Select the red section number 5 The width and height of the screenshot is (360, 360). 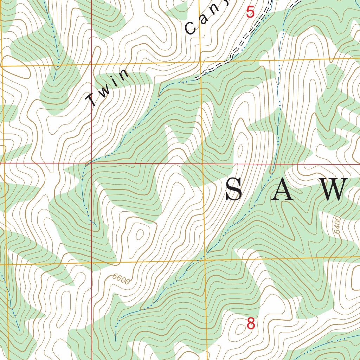(250, 13)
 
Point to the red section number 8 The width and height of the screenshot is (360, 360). (251, 323)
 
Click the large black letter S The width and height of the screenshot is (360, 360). (234, 190)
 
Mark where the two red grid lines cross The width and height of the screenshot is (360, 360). (91, 163)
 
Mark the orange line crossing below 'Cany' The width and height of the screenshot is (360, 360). (200, 63)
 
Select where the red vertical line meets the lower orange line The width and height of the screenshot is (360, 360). (92, 262)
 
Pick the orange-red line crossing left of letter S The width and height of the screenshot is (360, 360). (203, 163)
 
